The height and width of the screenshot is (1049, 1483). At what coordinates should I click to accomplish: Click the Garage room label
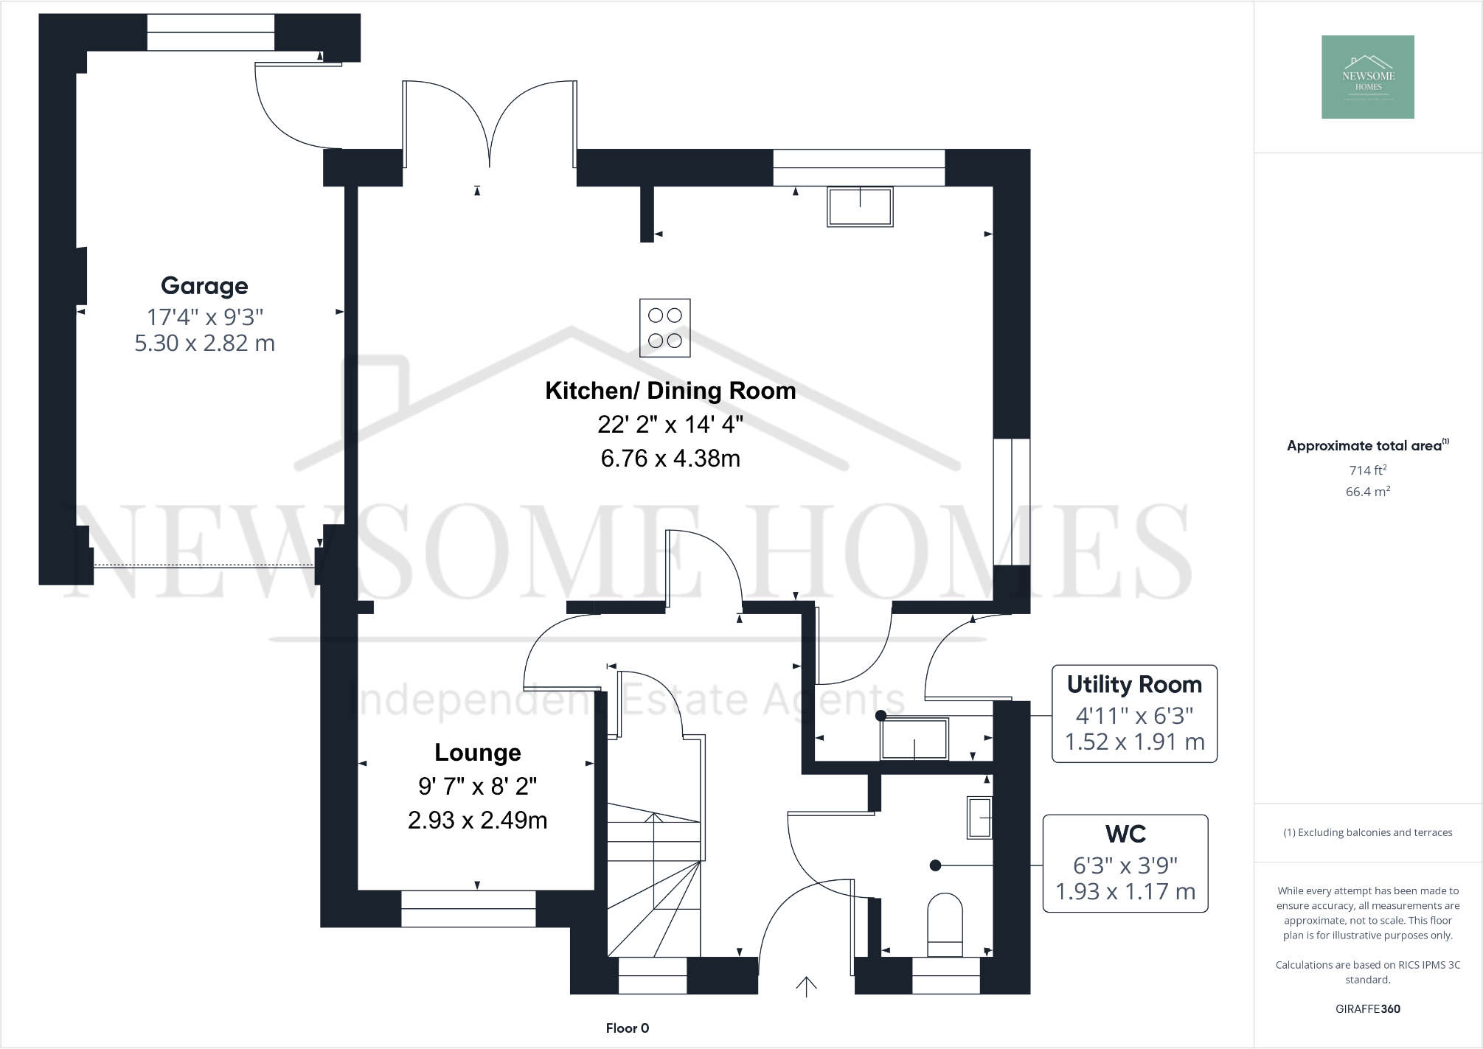pos(204,286)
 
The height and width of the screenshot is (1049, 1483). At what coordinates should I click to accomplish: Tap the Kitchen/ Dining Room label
pos(670,391)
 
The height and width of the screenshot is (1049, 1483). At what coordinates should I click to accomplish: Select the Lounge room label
pos(478,753)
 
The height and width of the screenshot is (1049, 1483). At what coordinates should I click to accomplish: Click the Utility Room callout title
pos(1134,685)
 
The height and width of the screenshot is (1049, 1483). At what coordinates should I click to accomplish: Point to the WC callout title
pos(1125,834)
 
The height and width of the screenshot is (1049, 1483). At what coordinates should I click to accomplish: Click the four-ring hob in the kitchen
pos(665,328)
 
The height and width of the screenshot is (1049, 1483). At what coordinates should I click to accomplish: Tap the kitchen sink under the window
pos(860,206)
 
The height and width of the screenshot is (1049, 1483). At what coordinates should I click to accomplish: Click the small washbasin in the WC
pos(979,818)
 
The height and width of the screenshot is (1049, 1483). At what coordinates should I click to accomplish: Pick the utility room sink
pos(914,739)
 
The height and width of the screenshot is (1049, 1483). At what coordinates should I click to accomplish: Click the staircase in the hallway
pos(653,885)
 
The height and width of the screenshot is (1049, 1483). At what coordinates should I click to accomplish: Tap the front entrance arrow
pos(806,986)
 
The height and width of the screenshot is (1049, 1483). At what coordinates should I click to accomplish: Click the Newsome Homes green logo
pos(1368,77)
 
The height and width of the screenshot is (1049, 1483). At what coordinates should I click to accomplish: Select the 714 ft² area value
pos(1368,470)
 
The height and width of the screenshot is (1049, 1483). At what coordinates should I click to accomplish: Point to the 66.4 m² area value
pos(1368,492)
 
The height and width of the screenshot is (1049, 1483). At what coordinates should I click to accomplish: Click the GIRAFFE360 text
pos(1368,1009)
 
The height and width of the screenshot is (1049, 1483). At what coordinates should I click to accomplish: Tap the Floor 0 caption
pos(628,1028)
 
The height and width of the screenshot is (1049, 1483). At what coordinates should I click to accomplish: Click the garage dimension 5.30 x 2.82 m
pos(204,344)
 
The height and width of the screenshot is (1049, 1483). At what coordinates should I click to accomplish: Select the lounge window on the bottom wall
pos(468,908)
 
